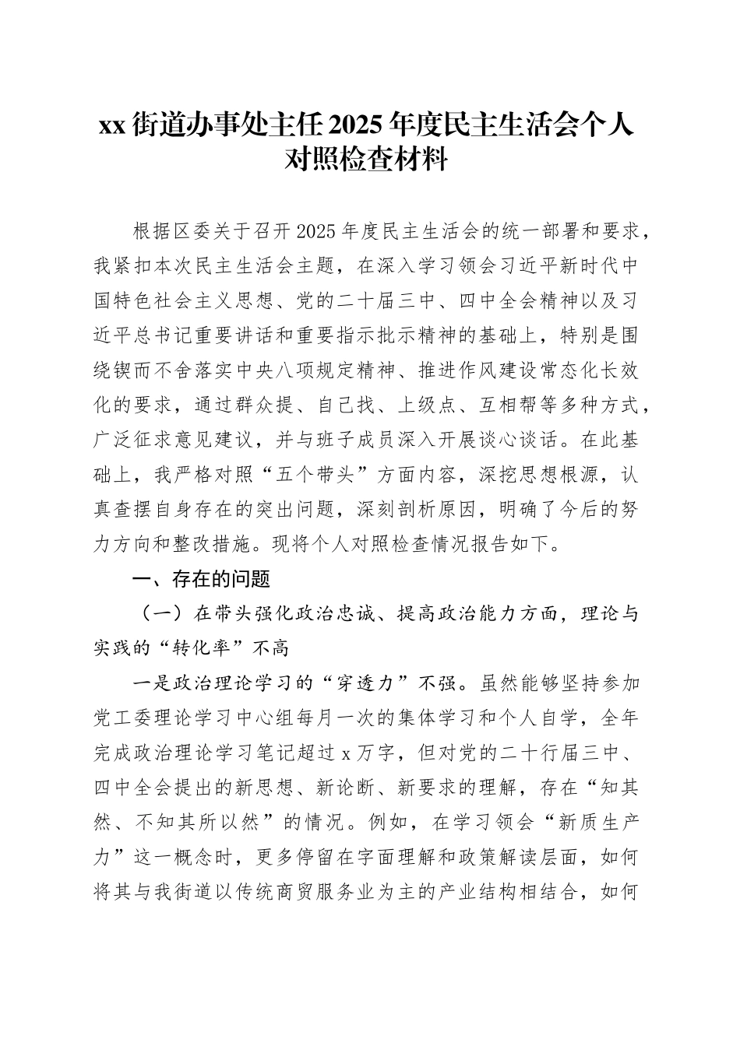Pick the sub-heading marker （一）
point(163,613)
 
